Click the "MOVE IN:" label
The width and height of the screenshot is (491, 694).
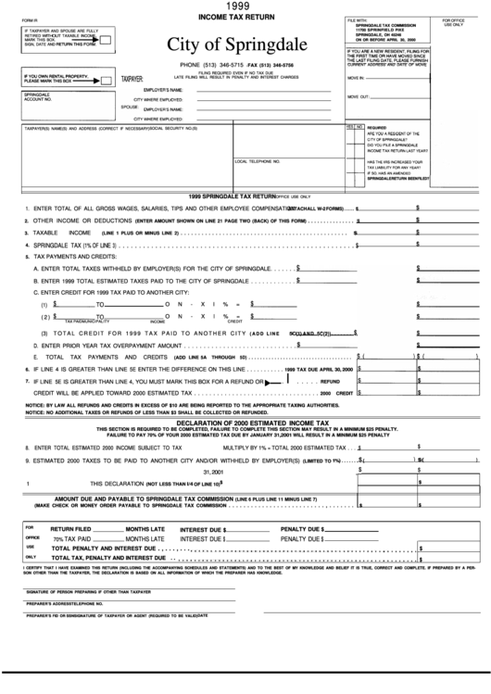[357, 80]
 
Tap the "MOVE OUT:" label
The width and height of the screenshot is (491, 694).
[358, 96]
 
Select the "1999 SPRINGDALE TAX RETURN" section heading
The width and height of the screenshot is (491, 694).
[232, 197]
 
